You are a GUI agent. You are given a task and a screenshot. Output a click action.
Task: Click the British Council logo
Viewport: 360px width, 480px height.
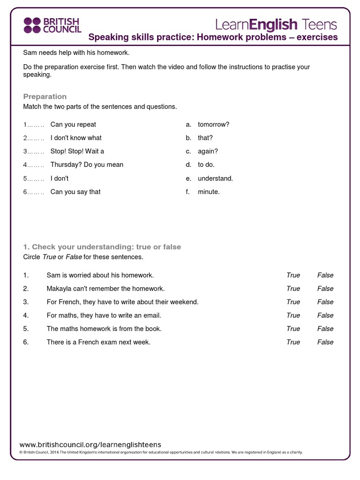pos(52,25)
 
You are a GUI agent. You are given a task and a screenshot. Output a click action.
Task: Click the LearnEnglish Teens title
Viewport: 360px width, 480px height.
pos(276,24)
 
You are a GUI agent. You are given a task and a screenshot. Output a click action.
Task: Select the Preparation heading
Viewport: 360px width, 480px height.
pos(45,97)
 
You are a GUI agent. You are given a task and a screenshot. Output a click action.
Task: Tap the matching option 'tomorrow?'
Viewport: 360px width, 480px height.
pos(213,125)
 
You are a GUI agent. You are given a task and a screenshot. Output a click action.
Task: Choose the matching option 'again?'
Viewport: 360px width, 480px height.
pos(208,151)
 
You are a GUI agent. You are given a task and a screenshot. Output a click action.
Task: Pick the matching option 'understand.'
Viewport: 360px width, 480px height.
pos(215,179)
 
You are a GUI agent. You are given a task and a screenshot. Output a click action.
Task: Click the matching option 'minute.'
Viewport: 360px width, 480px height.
pos(209,192)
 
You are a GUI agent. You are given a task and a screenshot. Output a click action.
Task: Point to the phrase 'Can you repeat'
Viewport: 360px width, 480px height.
pos(73,125)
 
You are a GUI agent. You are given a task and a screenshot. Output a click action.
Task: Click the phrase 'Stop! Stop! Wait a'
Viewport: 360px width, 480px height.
pos(77,151)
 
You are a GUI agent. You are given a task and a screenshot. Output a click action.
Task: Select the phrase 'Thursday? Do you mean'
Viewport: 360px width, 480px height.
pos(87,165)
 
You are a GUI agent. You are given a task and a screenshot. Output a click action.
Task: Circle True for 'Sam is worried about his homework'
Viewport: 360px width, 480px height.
pos(293,275)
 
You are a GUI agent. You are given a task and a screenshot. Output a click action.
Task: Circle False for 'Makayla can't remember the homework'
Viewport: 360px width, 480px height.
pos(325,289)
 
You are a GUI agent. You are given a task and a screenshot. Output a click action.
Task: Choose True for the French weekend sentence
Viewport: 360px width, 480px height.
pos(293,302)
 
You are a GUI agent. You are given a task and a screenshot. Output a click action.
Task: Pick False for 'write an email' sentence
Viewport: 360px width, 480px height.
pos(325,315)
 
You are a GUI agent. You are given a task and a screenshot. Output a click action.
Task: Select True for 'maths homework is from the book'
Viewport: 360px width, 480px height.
pos(293,329)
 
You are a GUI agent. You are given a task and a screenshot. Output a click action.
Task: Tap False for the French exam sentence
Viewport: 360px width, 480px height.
pos(325,342)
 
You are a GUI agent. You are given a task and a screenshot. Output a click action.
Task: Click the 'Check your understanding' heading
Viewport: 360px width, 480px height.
pos(102,247)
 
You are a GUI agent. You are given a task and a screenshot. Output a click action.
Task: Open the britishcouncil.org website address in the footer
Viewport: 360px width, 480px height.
pos(90,444)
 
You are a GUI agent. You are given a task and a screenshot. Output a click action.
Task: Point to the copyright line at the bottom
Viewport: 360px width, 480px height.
pos(161,452)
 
